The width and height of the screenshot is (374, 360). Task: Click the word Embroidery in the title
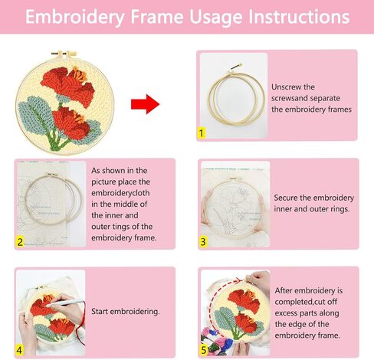(x=75, y=17)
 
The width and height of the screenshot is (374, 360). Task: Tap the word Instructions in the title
(x=299, y=17)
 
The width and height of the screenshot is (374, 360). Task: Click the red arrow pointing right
(x=146, y=104)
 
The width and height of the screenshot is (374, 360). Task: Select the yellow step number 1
(x=202, y=133)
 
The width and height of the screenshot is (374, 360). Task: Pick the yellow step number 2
(x=20, y=242)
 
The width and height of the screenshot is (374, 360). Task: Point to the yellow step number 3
(x=203, y=241)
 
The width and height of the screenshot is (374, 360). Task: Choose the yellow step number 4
(x=19, y=350)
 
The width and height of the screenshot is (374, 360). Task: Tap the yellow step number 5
(x=204, y=350)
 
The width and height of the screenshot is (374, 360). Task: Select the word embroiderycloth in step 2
(x=120, y=193)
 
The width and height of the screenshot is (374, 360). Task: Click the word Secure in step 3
(x=286, y=198)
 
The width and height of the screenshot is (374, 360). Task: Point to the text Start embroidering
(x=126, y=312)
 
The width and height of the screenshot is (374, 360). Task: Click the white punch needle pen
(x=66, y=303)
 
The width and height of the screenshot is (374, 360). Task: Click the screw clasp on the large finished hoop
(x=64, y=54)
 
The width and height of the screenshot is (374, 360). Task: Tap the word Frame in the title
(x=157, y=17)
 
